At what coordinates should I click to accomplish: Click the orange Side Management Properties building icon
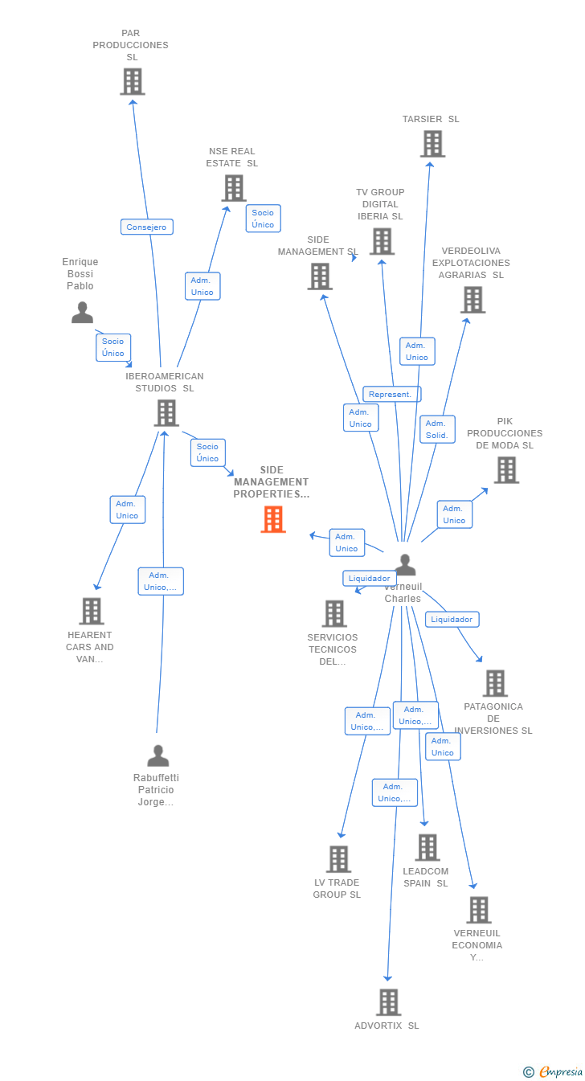pyautogui.click(x=273, y=519)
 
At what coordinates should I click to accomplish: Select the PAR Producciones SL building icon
pyautogui.click(x=133, y=81)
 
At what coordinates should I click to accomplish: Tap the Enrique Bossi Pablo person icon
pyautogui.click(x=82, y=313)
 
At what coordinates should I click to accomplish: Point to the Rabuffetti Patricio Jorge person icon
pyautogui.click(x=158, y=756)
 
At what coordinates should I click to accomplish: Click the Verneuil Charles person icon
pyautogui.click(x=405, y=565)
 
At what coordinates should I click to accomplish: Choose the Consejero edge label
pyautogui.click(x=146, y=227)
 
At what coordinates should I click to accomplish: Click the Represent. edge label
pyautogui.click(x=391, y=394)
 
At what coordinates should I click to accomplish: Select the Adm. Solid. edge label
pyautogui.click(x=437, y=429)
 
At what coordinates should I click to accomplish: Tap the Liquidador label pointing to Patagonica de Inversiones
pyautogui.click(x=452, y=619)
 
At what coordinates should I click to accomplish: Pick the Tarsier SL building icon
pyautogui.click(x=432, y=144)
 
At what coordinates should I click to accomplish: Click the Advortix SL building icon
pyautogui.click(x=388, y=1002)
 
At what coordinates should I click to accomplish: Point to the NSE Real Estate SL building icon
pyautogui.click(x=234, y=188)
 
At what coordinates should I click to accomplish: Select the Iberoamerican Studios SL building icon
pyautogui.click(x=166, y=412)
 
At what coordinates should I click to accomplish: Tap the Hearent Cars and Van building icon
pyautogui.click(x=92, y=611)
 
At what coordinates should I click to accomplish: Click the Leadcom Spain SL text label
pyautogui.click(x=426, y=877)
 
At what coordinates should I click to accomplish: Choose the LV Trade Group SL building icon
pyautogui.click(x=338, y=858)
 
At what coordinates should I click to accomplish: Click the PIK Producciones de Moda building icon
pyautogui.click(x=505, y=469)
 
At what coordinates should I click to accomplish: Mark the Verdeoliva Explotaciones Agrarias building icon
pyautogui.click(x=472, y=300)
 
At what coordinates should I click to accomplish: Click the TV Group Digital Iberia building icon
pyautogui.click(x=382, y=241)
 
